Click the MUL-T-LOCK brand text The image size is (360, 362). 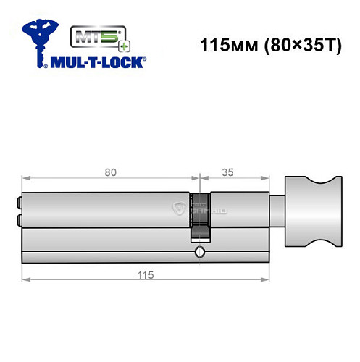[x=98, y=62]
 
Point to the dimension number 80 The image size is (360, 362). [x=111, y=172]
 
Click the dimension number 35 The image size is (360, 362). [x=227, y=172]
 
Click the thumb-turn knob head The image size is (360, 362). [x=313, y=212]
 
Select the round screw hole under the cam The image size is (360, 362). [x=198, y=253]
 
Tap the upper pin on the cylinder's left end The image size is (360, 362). [x=17, y=203]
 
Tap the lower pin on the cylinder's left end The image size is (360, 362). [x=17, y=221]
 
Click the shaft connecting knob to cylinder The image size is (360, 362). [x=278, y=211]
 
